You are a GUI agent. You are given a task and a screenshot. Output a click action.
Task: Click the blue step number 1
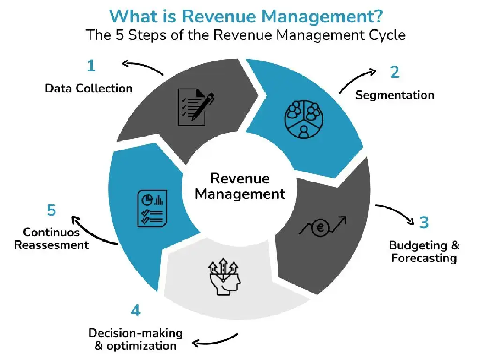91,66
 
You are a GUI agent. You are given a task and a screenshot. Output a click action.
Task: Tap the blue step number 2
394,72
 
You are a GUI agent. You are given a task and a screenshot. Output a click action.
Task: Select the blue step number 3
424,222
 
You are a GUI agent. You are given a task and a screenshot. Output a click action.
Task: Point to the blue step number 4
136,310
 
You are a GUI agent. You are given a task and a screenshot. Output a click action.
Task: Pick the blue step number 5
51,210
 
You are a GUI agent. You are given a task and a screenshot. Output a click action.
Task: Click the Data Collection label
89,88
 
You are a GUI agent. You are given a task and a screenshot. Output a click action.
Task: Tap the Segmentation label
394,95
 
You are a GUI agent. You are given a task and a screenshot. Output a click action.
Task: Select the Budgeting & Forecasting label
424,252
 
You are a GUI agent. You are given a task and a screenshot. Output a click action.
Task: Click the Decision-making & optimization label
136,339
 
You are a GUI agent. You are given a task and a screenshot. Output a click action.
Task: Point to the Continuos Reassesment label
51,238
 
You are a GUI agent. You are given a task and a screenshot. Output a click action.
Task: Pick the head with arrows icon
224,276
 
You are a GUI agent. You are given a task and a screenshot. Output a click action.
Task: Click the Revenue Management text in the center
240,186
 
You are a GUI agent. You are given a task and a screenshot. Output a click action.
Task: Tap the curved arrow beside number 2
357,80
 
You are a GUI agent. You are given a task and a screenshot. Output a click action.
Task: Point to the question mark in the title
377,16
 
